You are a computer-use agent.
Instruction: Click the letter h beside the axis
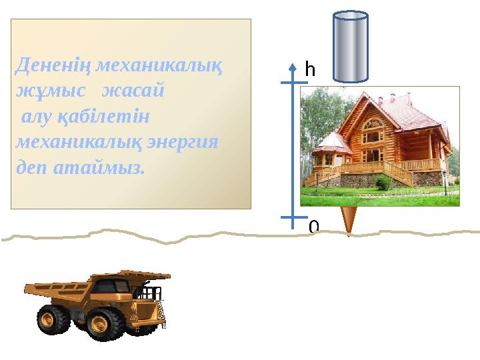[309, 69]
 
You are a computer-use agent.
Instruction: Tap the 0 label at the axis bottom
[313, 227]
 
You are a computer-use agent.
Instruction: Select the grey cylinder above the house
[350, 47]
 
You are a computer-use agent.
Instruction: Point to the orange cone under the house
[349, 220]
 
